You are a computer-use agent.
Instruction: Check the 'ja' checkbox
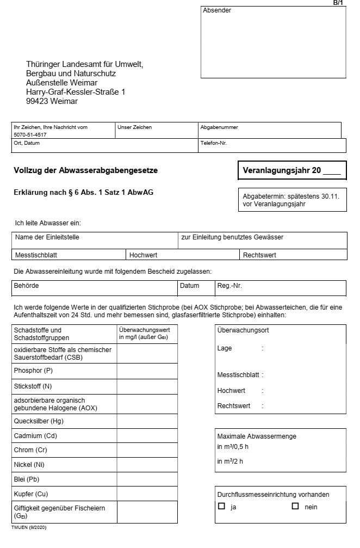tap(221, 506)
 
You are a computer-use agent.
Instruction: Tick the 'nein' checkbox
tap(295, 506)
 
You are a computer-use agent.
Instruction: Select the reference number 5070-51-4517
tap(30, 134)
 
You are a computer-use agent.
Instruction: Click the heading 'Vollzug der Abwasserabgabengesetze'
tap(85, 170)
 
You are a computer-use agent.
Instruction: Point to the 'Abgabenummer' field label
tap(219, 127)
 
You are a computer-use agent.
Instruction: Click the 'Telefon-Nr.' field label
tap(213, 143)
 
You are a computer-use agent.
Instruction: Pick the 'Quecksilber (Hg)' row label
tap(39, 421)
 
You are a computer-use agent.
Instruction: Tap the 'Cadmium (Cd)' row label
tap(35, 435)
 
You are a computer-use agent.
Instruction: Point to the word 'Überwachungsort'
tap(243, 330)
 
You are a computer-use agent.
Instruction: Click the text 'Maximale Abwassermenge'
tap(257, 436)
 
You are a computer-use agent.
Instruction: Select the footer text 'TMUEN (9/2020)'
tap(30, 527)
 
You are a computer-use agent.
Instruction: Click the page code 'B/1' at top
tap(338, 3)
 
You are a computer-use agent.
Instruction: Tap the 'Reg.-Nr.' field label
tap(229, 285)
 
